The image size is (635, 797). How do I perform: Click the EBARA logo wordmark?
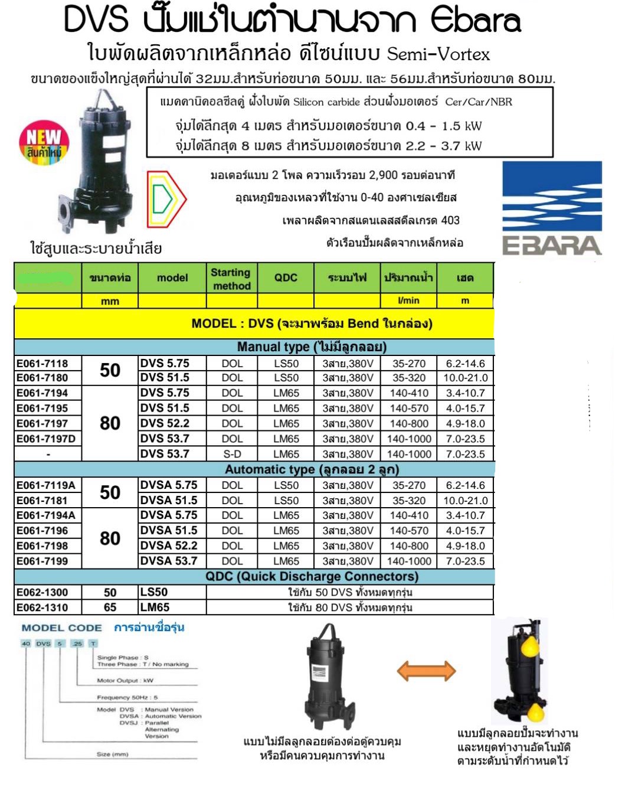tap(551, 246)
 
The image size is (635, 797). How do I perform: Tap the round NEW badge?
tap(44, 142)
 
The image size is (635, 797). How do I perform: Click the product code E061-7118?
tap(42, 364)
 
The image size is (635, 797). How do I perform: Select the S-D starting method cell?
tap(232, 454)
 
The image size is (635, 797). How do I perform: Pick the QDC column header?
tap(286, 277)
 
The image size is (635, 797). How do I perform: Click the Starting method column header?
tap(231, 279)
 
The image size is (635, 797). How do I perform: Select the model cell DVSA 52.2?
tap(169, 546)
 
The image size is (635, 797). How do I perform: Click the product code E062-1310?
tap(42, 607)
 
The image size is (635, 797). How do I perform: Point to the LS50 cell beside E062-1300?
tap(154, 592)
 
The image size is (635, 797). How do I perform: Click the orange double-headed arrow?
tap(426, 671)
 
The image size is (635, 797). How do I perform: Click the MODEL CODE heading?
tap(61, 628)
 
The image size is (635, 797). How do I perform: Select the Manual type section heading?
tap(312, 347)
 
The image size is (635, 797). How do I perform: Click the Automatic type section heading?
tap(312, 469)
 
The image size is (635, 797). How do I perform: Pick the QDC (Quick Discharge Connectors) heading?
tap(312, 576)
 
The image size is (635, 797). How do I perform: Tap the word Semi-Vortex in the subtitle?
tap(438, 54)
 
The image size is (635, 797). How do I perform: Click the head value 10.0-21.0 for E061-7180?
tap(466, 378)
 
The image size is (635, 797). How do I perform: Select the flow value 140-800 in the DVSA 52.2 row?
tap(409, 546)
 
